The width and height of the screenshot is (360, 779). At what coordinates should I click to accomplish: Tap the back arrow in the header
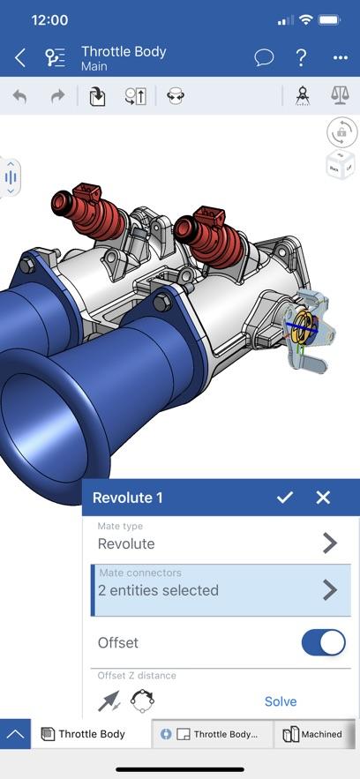pyautogui.click(x=20, y=58)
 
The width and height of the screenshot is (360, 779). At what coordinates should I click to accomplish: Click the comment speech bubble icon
pyautogui.click(x=264, y=57)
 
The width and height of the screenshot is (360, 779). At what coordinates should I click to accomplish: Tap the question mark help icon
pyautogui.click(x=301, y=57)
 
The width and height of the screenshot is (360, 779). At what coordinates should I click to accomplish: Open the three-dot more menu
pyautogui.click(x=340, y=58)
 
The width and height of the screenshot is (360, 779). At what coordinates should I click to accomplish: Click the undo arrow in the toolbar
pyautogui.click(x=19, y=96)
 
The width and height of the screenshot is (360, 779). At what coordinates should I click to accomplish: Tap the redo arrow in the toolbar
pyautogui.click(x=58, y=96)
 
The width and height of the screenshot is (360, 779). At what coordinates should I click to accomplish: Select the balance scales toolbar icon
pyautogui.click(x=340, y=95)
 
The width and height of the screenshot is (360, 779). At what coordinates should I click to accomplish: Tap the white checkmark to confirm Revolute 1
pyautogui.click(x=285, y=498)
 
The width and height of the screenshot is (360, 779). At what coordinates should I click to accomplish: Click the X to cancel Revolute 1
pyautogui.click(x=323, y=498)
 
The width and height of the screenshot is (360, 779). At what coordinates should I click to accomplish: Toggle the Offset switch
pyautogui.click(x=324, y=642)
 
